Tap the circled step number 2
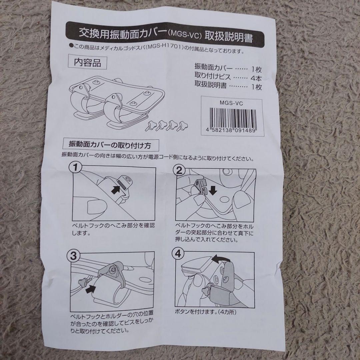click(x=179, y=170)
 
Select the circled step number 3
click(x=73, y=256)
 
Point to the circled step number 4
click(x=178, y=254)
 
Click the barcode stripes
click(x=232, y=118)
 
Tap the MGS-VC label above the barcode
click(x=231, y=103)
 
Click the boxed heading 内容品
click(x=87, y=62)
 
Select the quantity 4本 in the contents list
click(x=256, y=78)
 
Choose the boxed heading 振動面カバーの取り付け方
click(x=110, y=145)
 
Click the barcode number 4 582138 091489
click(x=231, y=131)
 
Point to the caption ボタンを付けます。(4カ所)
click(x=205, y=312)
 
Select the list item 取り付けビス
click(x=213, y=76)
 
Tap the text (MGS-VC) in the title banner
click(x=185, y=36)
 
